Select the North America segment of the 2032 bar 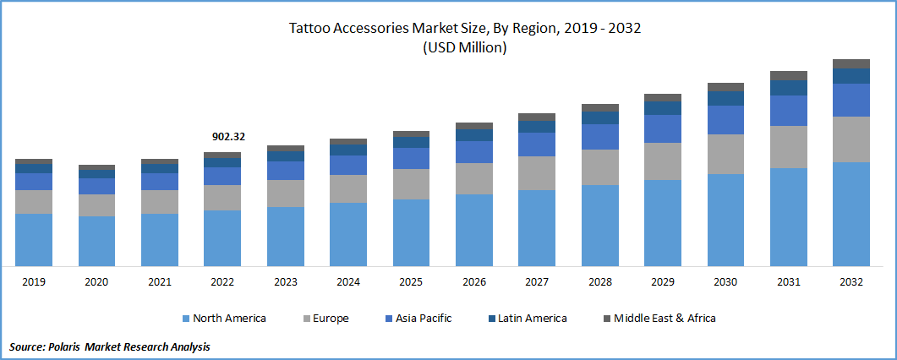tap(851, 214)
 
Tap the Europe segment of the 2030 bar tap(725, 154)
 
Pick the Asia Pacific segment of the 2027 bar tap(537, 145)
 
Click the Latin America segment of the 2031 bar tap(789, 88)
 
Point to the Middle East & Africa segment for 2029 tap(663, 97)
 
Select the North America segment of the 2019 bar tap(34, 239)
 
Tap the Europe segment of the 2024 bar tap(348, 188)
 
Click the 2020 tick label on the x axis tap(96, 281)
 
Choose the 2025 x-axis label tap(411, 281)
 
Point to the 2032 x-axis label tap(851, 281)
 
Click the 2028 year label tap(599, 281)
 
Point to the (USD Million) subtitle tap(464, 48)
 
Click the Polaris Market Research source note tap(110, 346)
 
